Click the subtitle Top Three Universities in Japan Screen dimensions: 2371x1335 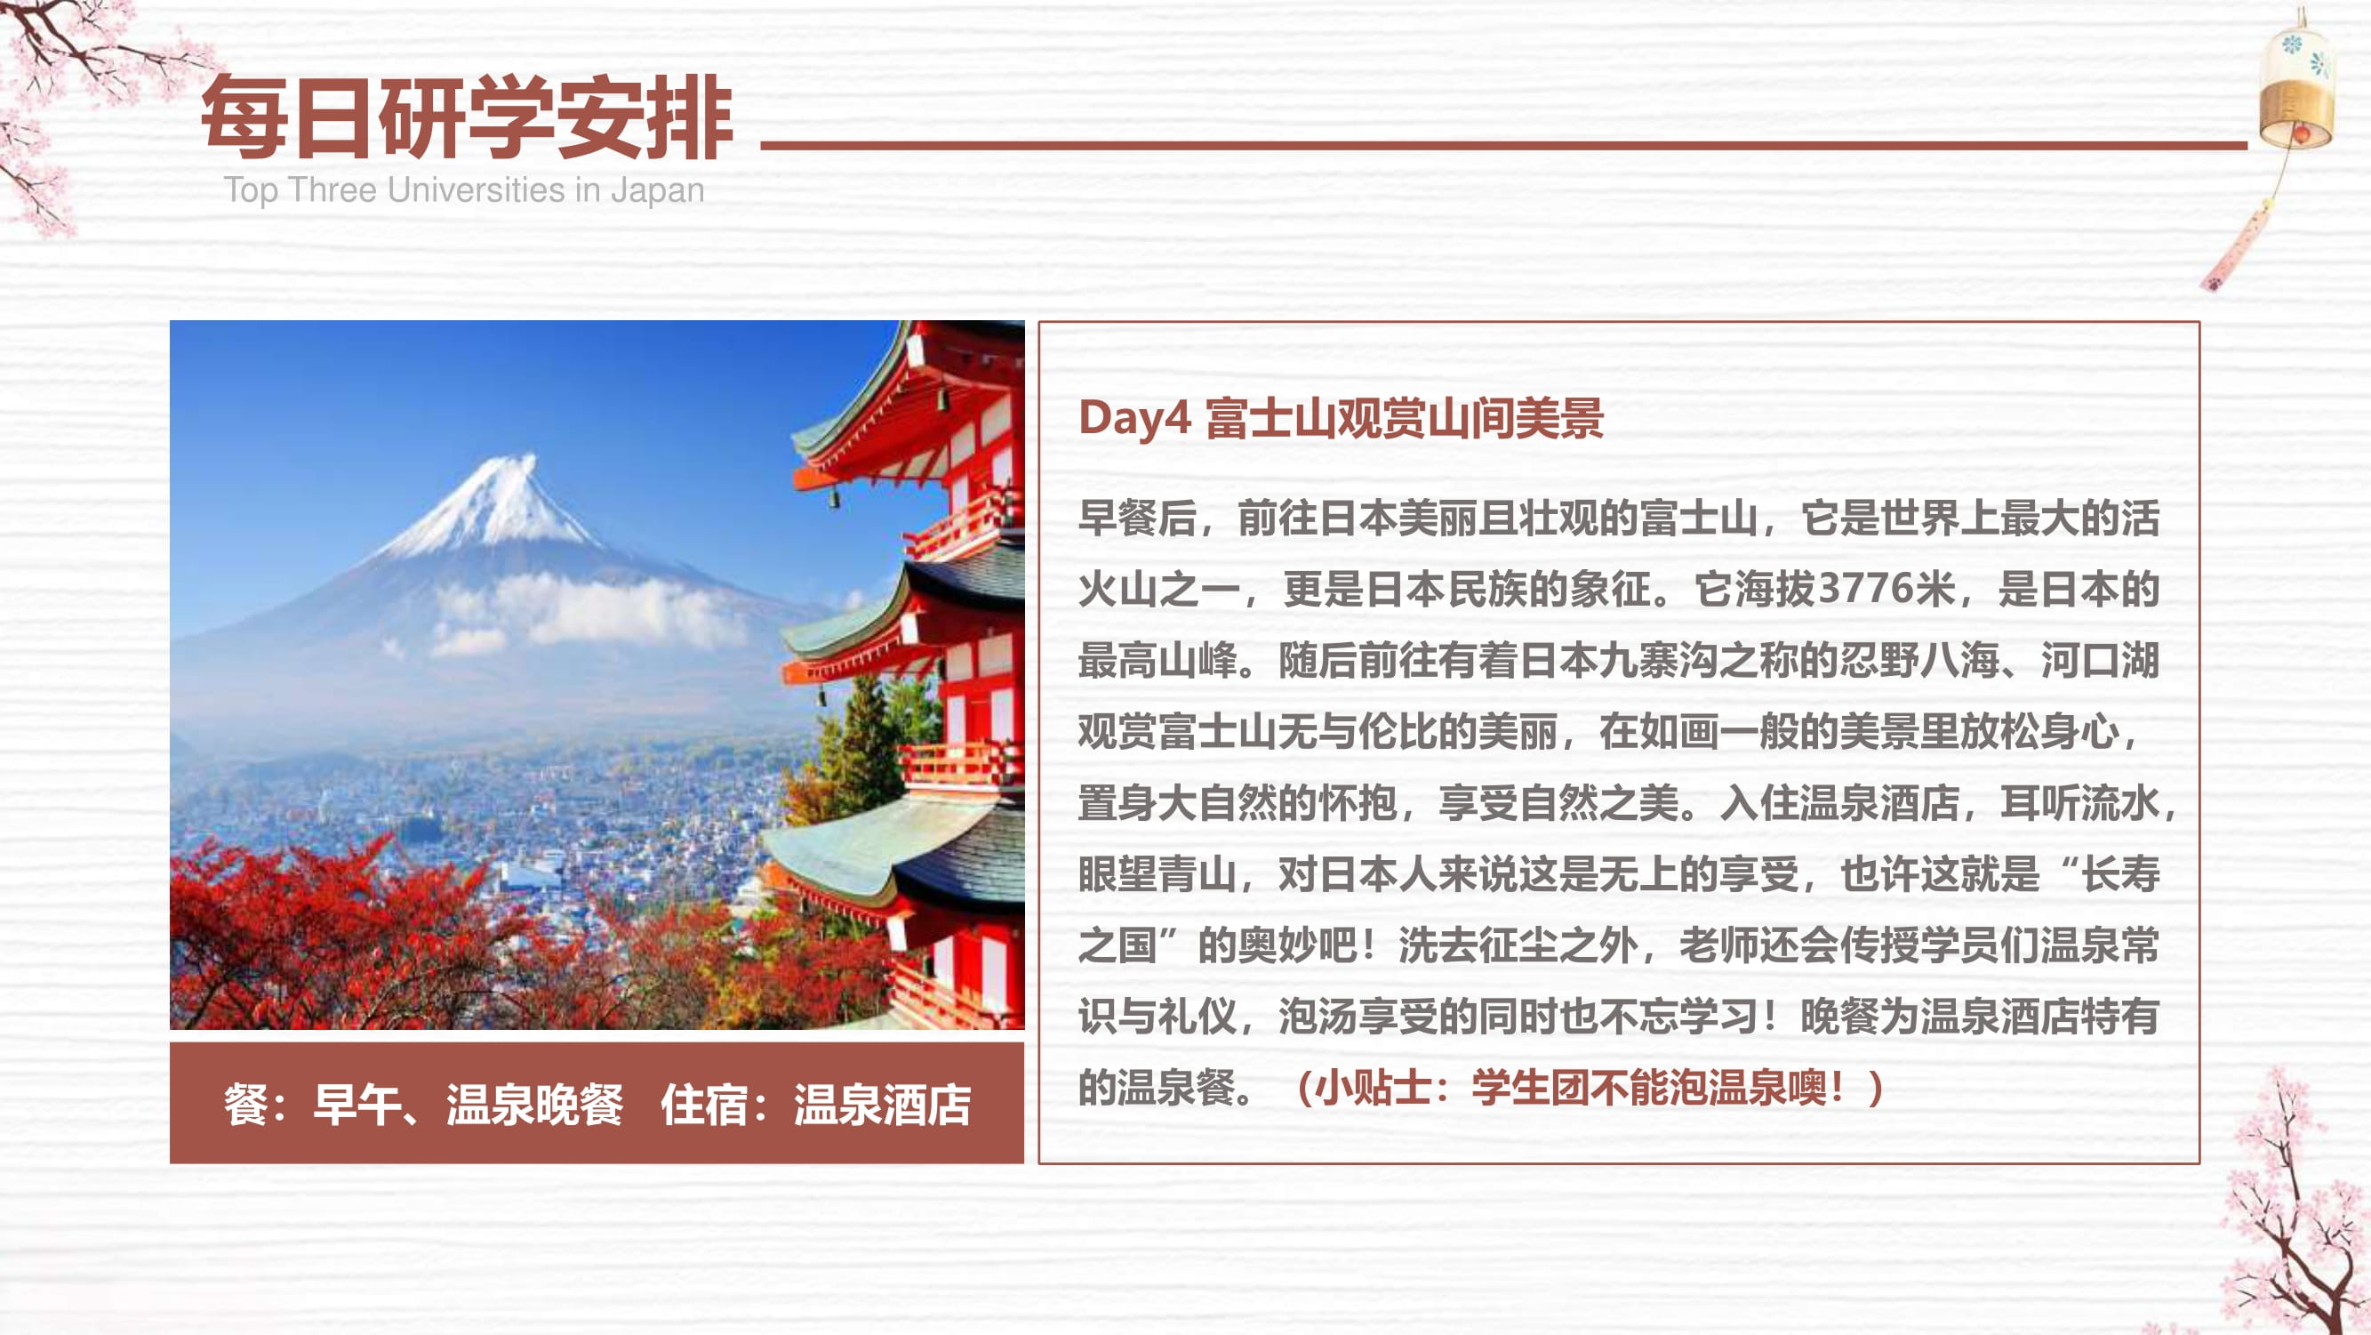[x=464, y=189]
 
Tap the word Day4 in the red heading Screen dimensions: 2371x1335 [x=1135, y=418]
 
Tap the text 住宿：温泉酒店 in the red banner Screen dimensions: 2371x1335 [x=815, y=1105]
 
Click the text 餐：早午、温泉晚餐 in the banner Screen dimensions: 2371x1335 [x=423, y=1105]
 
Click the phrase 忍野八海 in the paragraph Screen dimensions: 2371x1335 [x=1919, y=660]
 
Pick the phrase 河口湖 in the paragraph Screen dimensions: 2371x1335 [x=2100, y=660]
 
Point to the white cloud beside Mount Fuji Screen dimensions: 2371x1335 [x=589, y=612]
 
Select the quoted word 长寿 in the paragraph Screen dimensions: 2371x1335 [x=2120, y=873]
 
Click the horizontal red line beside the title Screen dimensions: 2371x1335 [x=1504, y=145]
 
